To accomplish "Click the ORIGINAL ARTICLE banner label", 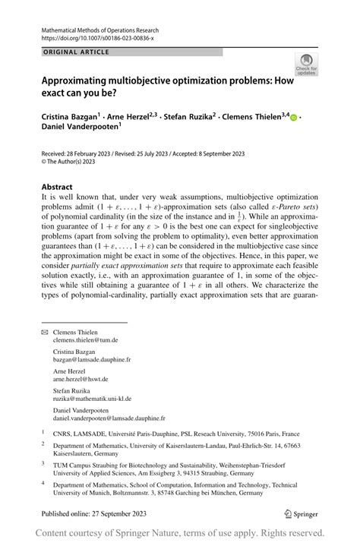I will [x=76, y=52].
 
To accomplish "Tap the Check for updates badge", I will [x=307, y=64].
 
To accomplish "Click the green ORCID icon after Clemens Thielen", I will [x=293, y=118].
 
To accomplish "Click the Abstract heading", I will [x=57, y=187].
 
